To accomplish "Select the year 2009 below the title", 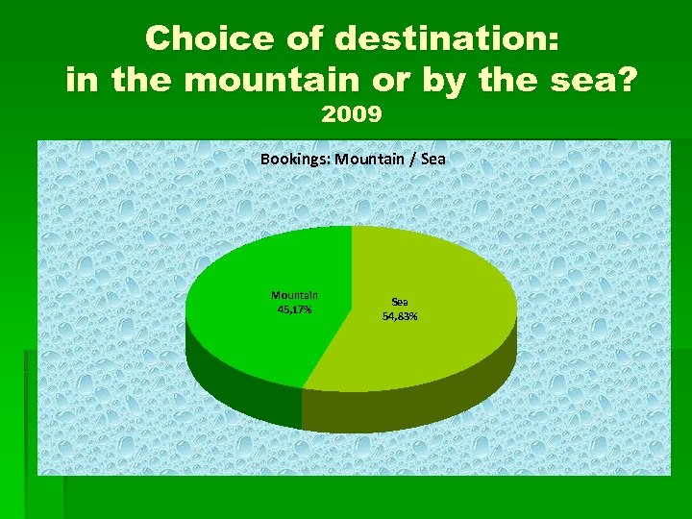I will [352, 114].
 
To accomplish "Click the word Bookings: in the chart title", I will [294, 159].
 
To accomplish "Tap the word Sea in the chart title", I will [432, 159].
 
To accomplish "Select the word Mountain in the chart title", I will [369, 159].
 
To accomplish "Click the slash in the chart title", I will [411, 159].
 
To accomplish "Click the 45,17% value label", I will [294, 309].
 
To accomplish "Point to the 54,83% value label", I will [400, 315].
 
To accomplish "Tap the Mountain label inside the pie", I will [294, 296].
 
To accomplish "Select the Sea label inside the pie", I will [400, 302].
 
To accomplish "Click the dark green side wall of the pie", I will [240, 384].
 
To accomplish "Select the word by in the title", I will [429, 79].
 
